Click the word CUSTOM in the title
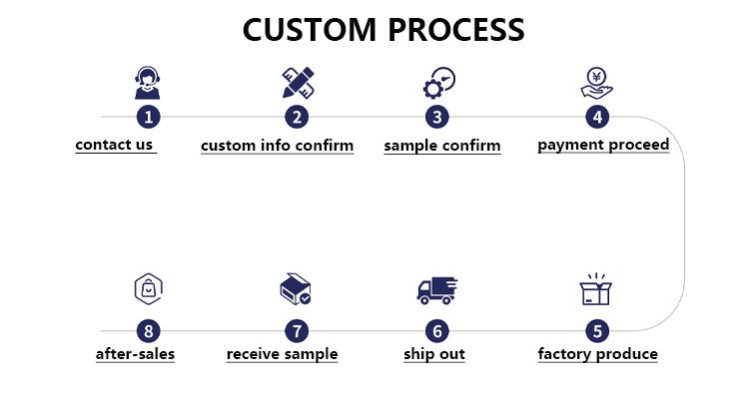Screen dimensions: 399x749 point(308,30)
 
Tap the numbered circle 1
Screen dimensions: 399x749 point(148,117)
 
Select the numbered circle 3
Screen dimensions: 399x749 point(436,117)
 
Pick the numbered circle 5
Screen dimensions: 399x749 point(597,330)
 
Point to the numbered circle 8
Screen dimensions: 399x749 point(148,330)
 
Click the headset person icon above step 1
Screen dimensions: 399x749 point(148,83)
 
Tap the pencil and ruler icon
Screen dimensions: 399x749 point(297,83)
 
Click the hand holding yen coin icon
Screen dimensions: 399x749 point(597,83)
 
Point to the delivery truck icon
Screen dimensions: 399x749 point(435,290)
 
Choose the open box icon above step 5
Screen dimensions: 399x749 point(596,289)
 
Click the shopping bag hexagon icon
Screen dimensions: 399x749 point(148,289)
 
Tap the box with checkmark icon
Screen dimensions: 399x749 point(296,290)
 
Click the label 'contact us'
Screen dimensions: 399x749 point(114,145)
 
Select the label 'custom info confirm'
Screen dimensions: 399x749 point(277,146)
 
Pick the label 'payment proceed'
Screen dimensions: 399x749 point(603,146)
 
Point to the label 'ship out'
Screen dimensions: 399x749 point(434,354)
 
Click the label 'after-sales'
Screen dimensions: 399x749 point(135,354)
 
